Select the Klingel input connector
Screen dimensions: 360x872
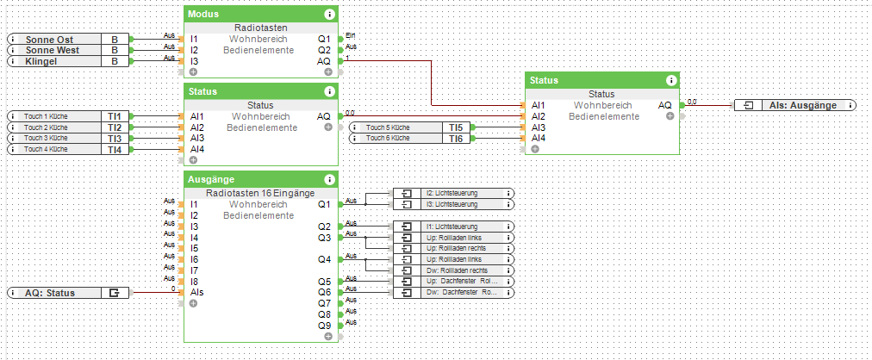69,62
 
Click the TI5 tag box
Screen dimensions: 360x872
456,127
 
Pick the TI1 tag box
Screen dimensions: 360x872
114,115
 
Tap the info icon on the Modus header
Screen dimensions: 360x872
329,15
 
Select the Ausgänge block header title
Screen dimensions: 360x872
211,180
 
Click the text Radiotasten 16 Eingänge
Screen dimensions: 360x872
261,193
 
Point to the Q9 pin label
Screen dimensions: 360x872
323,326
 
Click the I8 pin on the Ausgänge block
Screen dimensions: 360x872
195,281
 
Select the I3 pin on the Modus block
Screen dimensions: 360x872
195,62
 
